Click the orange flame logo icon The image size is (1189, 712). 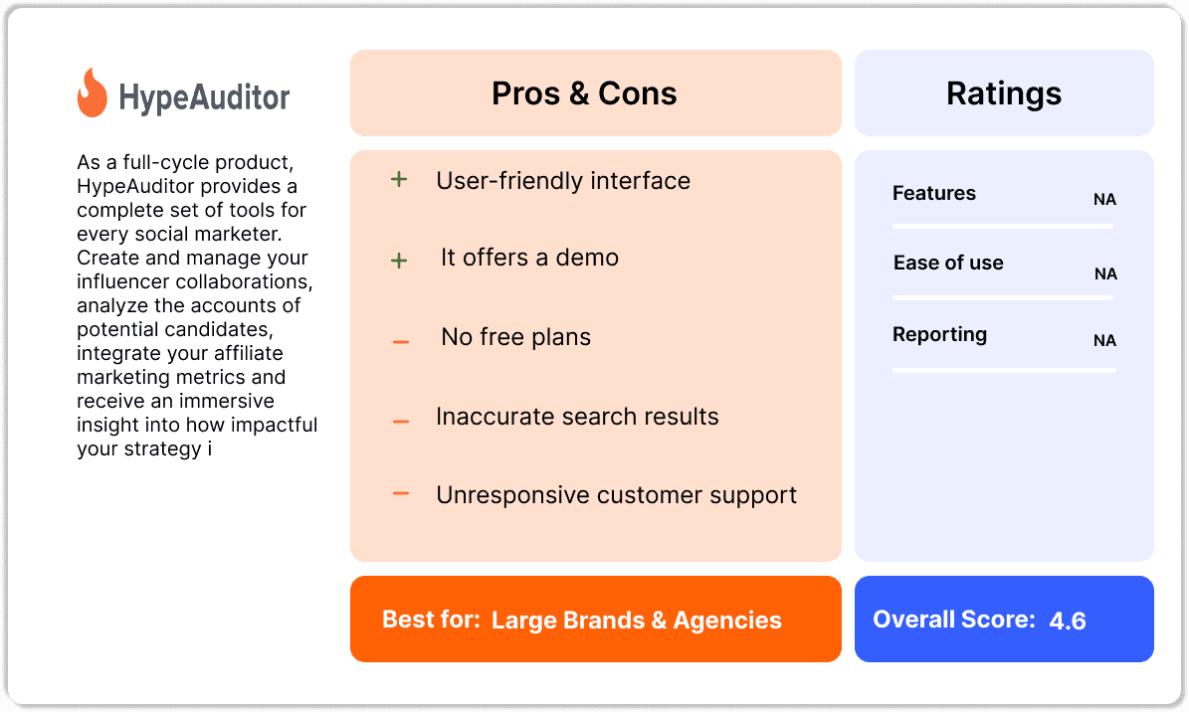(92, 93)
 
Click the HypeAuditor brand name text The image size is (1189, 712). (204, 97)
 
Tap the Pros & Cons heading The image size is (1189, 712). (584, 93)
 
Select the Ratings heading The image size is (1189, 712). (1003, 93)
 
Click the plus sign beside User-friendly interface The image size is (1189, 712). (399, 181)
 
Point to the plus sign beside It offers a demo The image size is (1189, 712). (399, 261)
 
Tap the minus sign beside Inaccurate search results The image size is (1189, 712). (401, 422)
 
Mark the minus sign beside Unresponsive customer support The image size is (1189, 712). (401, 493)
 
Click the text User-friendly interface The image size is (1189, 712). (563, 181)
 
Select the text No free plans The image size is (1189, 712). (515, 337)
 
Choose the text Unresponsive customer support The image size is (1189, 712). (616, 495)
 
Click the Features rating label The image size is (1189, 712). (934, 193)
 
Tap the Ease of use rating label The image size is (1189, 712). (948, 263)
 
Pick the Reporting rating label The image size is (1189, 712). (939, 334)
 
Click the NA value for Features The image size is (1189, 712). (1104, 200)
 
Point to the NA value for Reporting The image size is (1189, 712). (1104, 340)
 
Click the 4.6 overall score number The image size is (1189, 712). (1067, 622)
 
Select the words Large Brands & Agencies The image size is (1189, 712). (637, 621)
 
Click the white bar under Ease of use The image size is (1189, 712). (1004, 297)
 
